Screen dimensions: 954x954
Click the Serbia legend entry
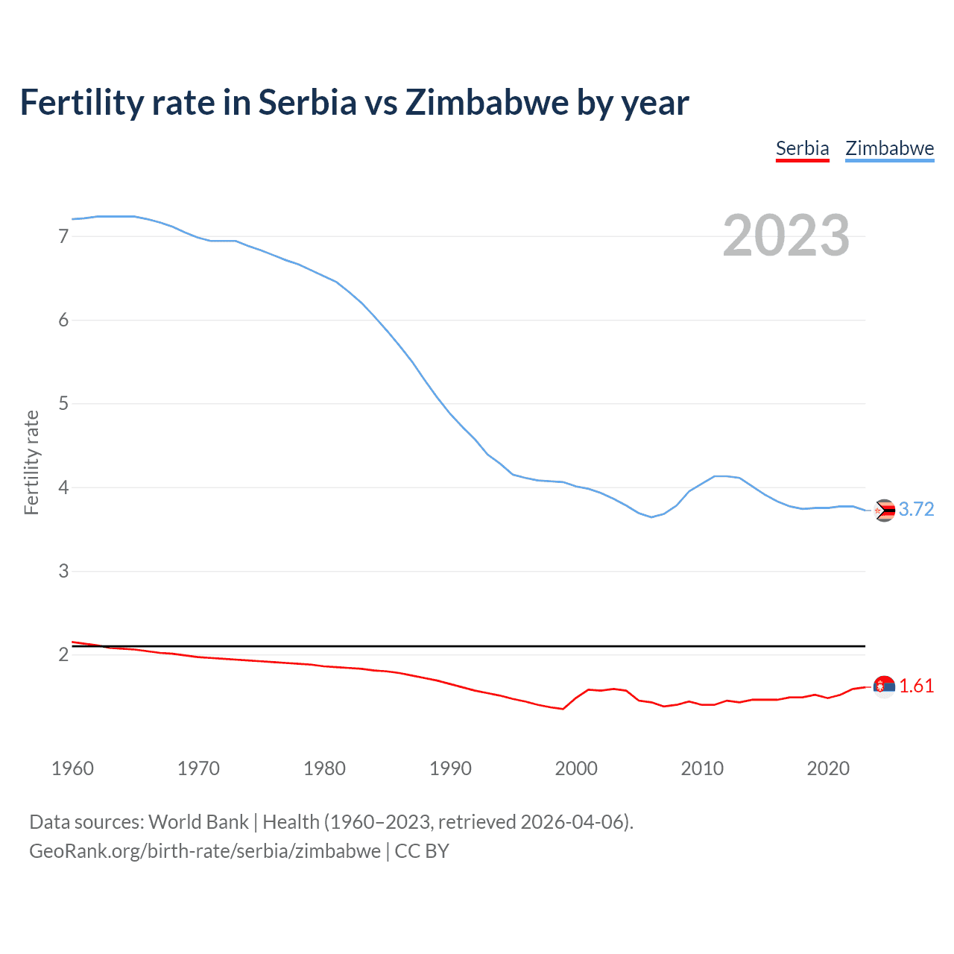coord(802,148)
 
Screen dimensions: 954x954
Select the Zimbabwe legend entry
coord(889,148)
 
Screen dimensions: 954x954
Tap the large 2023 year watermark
coord(786,236)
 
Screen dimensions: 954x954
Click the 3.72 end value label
coord(916,509)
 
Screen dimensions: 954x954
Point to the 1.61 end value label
coord(916,686)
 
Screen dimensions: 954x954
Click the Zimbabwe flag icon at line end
coord(884,510)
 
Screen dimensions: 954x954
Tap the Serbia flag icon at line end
coord(884,686)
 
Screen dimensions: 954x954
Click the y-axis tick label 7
coord(63,236)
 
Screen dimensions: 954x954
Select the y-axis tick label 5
coord(63,404)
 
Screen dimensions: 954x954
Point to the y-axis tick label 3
coord(63,571)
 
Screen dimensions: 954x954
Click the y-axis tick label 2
coord(63,654)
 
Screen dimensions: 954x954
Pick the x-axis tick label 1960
coord(72,768)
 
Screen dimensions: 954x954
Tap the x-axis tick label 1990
coord(450,768)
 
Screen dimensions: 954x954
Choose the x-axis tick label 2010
coord(702,768)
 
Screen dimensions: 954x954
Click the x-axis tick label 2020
coord(828,768)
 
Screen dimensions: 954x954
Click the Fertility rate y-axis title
coord(31,462)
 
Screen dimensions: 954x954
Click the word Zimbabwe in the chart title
coord(487,102)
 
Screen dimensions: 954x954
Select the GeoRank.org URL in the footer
coord(205,851)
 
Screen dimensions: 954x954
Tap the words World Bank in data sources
coord(198,821)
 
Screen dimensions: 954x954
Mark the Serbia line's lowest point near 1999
coord(563,709)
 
